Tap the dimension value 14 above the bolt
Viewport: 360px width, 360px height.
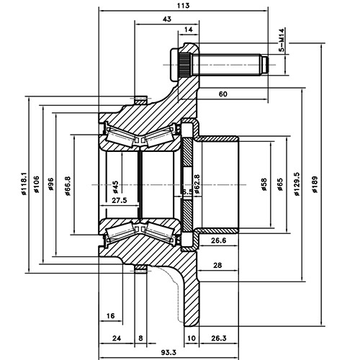pos(189,30)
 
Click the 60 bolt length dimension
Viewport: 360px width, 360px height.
pos(222,94)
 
